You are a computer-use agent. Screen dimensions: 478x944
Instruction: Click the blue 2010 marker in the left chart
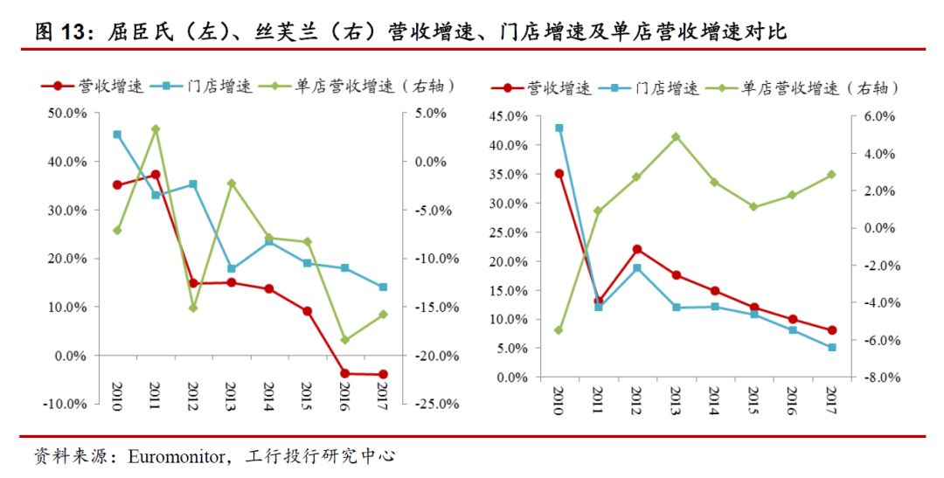(x=117, y=135)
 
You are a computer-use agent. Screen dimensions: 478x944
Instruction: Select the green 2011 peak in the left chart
(x=156, y=129)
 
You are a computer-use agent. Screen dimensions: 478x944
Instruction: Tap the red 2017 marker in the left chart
(x=383, y=375)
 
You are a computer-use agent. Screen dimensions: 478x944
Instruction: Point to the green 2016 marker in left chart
(x=344, y=340)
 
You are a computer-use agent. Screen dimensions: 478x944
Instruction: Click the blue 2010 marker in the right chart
(x=559, y=128)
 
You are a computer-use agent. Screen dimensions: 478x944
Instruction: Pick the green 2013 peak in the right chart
(x=676, y=137)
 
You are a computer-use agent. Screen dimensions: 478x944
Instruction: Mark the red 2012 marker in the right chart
(x=637, y=249)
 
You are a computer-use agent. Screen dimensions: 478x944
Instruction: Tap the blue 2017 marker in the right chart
(x=830, y=348)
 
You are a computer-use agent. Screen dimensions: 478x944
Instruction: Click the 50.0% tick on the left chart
(x=67, y=114)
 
